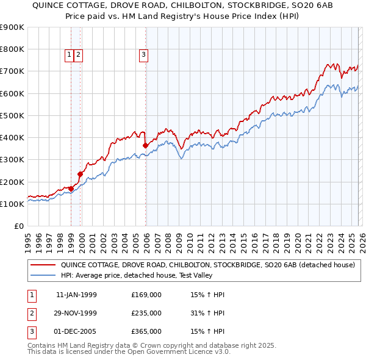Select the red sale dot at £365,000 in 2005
[145, 146]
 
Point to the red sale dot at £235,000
[80, 174]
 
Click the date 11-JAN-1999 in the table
[76, 295]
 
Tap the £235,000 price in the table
[146, 313]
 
